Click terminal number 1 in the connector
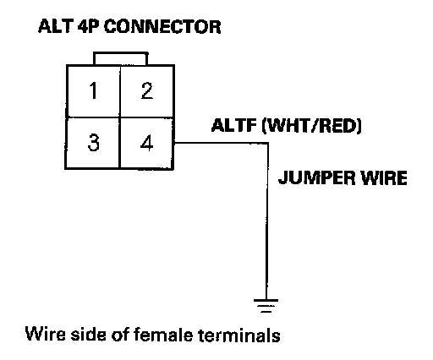[x=93, y=90]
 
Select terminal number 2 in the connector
[x=147, y=90]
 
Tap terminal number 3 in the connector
[x=93, y=143]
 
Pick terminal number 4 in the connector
[x=147, y=143]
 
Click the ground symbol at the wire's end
[x=266, y=306]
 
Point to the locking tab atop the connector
[x=120, y=58]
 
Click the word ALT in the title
[x=56, y=27]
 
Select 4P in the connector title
[x=89, y=27]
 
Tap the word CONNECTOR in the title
[x=162, y=27]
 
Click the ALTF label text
[x=234, y=125]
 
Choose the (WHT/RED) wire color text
[x=311, y=126]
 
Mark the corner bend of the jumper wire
[x=267, y=143]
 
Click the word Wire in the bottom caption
[x=45, y=334]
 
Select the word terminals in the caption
[x=239, y=335]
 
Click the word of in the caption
[x=120, y=335]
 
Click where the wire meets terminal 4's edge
[x=174, y=143]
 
